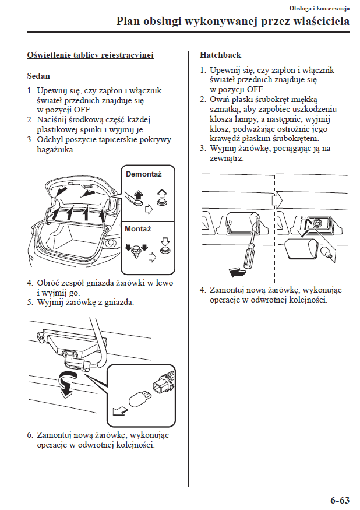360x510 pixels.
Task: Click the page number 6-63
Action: tap(340, 500)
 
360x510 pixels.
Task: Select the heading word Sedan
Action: tap(38, 76)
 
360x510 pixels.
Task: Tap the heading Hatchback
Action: tap(220, 55)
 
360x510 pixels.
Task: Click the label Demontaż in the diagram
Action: tap(143, 174)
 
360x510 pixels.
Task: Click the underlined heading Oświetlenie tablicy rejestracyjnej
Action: tap(90, 55)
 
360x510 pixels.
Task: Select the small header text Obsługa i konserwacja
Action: tap(319, 8)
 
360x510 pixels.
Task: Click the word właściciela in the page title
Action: tap(319, 22)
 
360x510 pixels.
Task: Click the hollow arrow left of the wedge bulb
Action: tap(119, 411)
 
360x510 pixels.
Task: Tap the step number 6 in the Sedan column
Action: tap(29, 435)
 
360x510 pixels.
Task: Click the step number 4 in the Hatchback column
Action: tap(202, 290)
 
